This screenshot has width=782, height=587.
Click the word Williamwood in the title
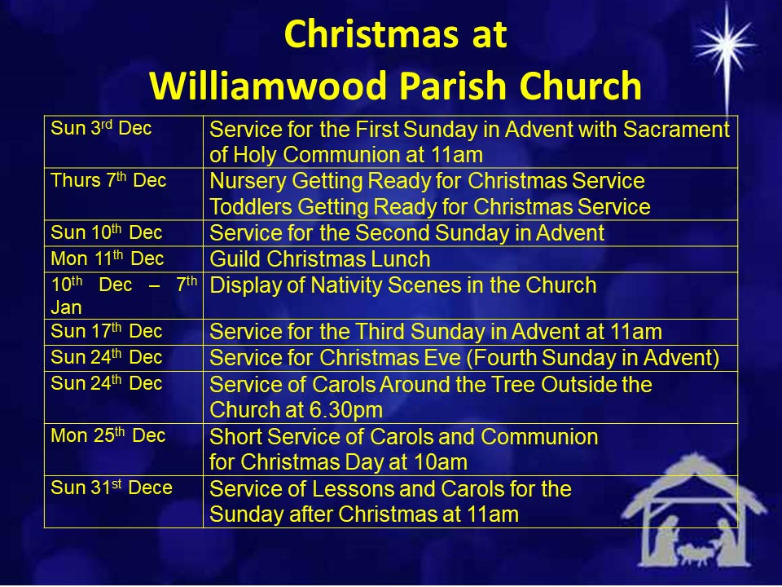coord(268,86)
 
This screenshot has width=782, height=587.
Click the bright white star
coord(726,46)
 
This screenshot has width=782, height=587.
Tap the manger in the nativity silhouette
coord(694,554)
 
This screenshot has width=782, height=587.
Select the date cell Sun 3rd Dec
coord(124,142)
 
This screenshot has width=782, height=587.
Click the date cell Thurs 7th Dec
coord(124,194)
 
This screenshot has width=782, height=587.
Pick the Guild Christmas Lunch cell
coord(470,259)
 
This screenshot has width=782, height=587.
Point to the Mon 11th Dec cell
coord(124,259)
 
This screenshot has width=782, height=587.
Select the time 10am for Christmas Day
coord(442,461)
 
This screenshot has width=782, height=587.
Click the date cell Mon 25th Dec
coord(124,449)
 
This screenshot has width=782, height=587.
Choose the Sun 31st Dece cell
coord(124,501)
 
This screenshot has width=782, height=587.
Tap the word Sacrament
coord(676,130)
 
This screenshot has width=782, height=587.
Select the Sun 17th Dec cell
coord(124,332)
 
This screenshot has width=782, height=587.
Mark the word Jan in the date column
coord(66,307)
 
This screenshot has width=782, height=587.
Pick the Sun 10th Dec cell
coord(124,233)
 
